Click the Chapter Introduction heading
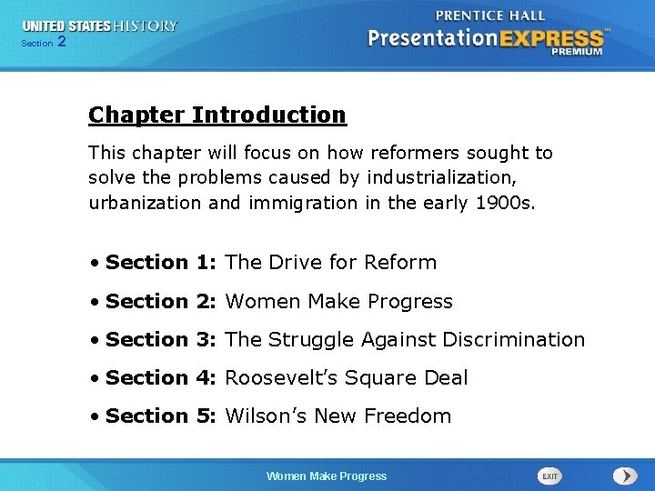click(217, 115)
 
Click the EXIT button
click(549, 476)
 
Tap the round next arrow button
click(625, 476)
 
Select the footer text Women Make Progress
click(326, 476)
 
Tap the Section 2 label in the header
click(43, 43)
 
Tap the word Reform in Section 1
click(400, 263)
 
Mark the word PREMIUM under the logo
click(577, 52)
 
